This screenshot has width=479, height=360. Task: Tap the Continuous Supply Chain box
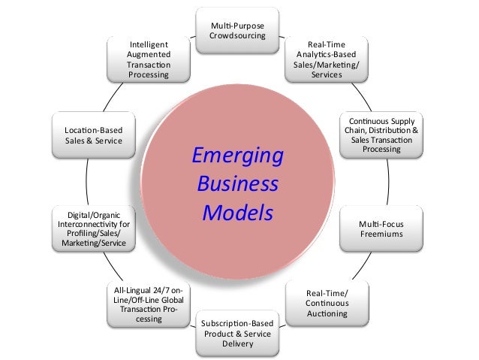(x=381, y=135)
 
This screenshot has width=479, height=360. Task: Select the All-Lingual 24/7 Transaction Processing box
(x=148, y=305)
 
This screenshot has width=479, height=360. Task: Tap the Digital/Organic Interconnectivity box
(x=93, y=229)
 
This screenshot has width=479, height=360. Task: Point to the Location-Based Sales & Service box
(x=93, y=135)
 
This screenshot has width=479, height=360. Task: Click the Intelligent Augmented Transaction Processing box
(x=149, y=60)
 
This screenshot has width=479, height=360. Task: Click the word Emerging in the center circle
(x=237, y=156)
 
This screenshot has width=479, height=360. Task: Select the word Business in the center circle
(x=237, y=185)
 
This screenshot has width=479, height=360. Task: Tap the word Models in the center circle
(x=237, y=213)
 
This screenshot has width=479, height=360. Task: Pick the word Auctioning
(x=327, y=313)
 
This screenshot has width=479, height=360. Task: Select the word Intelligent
(x=149, y=44)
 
